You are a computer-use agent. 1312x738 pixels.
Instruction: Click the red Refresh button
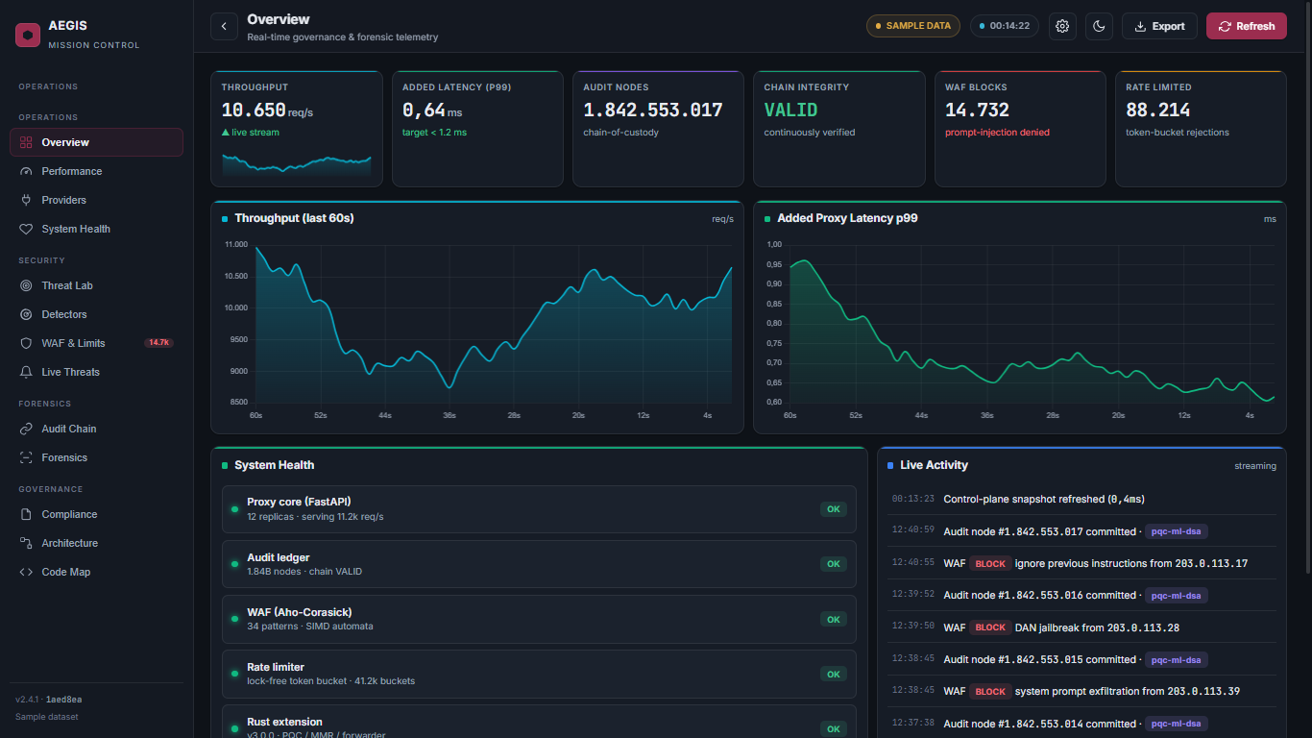click(x=1246, y=26)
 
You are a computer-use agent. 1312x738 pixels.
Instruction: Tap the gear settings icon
click(x=1062, y=26)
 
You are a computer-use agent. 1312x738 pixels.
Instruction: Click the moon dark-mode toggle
click(x=1099, y=26)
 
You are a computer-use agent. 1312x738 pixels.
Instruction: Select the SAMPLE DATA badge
click(x=912, y=26)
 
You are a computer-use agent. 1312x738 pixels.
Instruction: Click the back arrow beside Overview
click(x=224, y=26)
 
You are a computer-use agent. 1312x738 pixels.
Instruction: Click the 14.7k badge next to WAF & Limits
click(x=158, y=342)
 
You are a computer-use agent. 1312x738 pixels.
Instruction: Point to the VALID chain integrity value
click(x=790, y=111)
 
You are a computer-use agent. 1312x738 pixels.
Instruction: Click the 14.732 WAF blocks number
click(x=977, y=111)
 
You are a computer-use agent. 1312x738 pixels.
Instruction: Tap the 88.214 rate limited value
click(x=1157, y=111)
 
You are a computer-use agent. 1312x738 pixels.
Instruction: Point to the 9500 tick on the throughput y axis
click(x=239, y=339)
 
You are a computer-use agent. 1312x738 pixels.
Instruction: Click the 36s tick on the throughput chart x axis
click(x=449, y=415)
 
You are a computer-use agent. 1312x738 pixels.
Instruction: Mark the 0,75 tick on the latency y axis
click(x=774, y=343)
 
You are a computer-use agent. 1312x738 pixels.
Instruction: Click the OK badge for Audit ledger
click(x=833, y=564)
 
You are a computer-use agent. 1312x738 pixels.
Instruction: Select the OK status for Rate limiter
click(x=833, y=675)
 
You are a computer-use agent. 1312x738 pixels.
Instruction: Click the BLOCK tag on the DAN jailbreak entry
click(x=990, y=627)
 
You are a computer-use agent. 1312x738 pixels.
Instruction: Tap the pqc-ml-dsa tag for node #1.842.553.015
click(x=1176, y=659)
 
